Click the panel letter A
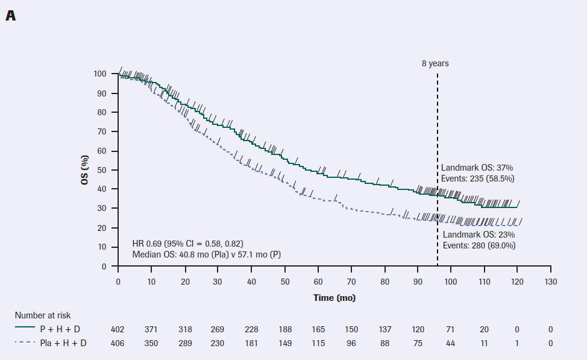(10, 16)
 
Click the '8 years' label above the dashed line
(435, 63)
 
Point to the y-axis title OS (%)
(86, 170)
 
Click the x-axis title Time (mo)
(334, 298)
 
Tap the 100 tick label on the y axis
(100, 74)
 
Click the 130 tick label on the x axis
(550, 282)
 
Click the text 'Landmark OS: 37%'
(477, 168)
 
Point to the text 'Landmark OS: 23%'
(479, 235)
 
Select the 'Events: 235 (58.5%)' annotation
(477, 178)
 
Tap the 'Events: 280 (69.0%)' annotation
(479, 245)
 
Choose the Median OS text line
(207, 254)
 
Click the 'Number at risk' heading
(43, 315)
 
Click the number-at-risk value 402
(118, 329)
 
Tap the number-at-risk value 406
(118, 343)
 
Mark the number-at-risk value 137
(384, 329)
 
